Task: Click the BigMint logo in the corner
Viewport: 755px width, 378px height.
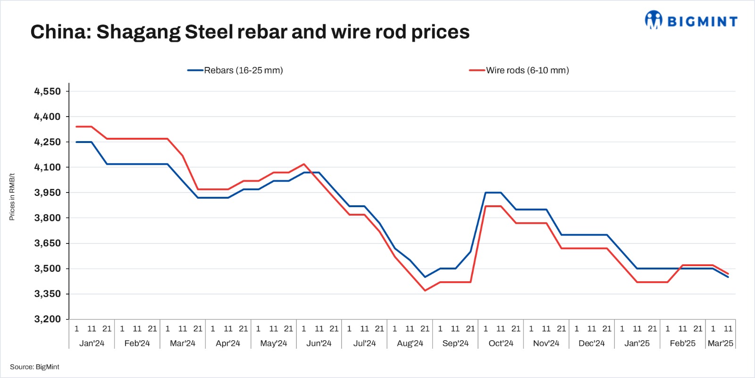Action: tap(691, 20)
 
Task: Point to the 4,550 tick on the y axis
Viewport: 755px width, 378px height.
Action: tap(48, 91)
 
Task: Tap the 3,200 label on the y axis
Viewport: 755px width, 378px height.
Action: tap(48, 319)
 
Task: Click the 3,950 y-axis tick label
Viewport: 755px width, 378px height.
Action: tap(48, 193)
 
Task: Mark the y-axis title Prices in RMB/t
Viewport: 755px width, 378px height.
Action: tap(12, 196)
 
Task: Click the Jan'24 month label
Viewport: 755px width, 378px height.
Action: tap(92, 343)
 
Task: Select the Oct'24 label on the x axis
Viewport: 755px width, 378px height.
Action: tap(501, 343)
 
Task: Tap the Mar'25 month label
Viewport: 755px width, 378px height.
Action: tap(720, 343)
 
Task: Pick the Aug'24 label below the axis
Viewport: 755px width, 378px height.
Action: tap(410, 343)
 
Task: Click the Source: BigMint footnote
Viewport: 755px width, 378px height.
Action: tap(34, 367)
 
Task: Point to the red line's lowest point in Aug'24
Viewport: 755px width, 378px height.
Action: tap(425, 291)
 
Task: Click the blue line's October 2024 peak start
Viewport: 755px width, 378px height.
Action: tap(486, 193)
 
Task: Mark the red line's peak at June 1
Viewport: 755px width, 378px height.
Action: tap(304, 164)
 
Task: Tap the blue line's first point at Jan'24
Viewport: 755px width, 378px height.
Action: tap(76, 142)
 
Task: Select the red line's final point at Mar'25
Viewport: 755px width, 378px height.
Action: tap(728, 274)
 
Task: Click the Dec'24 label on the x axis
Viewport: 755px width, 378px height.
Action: tap(591, 343)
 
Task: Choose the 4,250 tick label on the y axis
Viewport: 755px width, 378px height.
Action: tap(48, 142)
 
